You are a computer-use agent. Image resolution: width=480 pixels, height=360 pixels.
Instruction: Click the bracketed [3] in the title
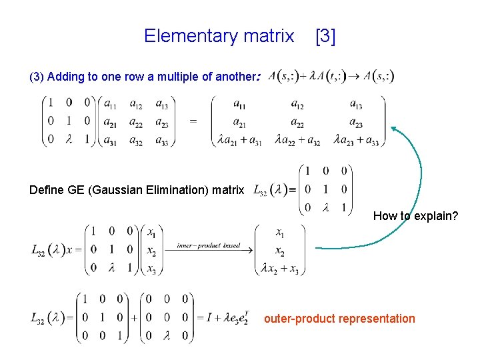click(x=325, y=36)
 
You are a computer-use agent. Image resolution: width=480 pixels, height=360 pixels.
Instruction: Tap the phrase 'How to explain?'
click(x=415, y=216)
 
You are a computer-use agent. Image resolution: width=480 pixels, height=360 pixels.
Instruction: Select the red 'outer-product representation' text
click(x=339, y=319)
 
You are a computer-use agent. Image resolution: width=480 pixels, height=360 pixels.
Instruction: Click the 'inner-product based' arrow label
click(x=209, y=246)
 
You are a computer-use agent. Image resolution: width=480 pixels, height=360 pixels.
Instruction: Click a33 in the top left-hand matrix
click(x=162, y=141)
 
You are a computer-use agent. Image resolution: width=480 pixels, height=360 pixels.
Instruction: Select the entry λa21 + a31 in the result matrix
click(x=240, y=141)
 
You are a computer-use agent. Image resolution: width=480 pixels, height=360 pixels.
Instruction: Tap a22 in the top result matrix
click(x=298, y=123)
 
